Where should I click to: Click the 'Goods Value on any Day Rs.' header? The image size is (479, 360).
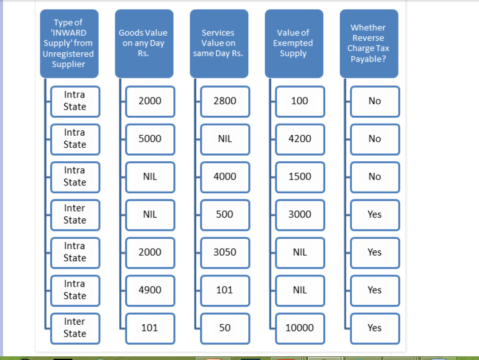tap(144, 44)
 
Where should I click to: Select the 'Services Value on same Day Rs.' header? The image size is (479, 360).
tap(219, 44)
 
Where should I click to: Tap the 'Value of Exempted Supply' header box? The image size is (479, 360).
tap(294, 44)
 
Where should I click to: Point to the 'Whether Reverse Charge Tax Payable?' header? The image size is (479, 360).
tap(369, 44)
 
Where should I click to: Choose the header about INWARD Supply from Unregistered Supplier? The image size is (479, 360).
tap(70, 44)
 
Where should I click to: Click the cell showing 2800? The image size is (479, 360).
tap(225, 102)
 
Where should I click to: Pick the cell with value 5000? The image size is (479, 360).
tap(150, 139)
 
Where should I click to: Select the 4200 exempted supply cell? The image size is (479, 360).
tap(300, 139)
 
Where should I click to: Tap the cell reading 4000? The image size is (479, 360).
tap(225, 178)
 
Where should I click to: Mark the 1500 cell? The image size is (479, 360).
tap(300, 178)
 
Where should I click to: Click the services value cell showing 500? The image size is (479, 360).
tap(225, 215)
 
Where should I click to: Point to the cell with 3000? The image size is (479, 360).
tap(300, 215)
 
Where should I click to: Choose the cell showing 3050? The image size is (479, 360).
tap(225, 253)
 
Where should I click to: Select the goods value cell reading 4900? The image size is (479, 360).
tap(150, 291)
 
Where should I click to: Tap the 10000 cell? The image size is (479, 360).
tap(300, 329)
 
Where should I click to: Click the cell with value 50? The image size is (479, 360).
tap(225, 329)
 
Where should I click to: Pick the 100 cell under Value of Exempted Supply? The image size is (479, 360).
tap(300, 102)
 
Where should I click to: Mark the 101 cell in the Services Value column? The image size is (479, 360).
tap(225, 291)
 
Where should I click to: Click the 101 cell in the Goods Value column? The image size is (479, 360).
tap(150, 329)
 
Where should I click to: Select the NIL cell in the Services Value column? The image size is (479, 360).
tap(225, 139)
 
